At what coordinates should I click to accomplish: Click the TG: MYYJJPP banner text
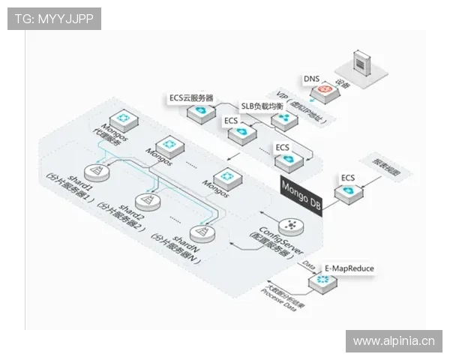[x=54, y=18]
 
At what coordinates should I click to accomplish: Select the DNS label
[x=311, y=78]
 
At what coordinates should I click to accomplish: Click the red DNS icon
[x=325, y=89]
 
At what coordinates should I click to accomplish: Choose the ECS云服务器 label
[x=191, y=97]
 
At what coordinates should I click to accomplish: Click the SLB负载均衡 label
[x=262, y=106]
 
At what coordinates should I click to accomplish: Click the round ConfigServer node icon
[x=290, y=226]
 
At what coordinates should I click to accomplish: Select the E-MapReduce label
[x=349, y=267]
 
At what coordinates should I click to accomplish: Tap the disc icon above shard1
[x=95, y=172]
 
